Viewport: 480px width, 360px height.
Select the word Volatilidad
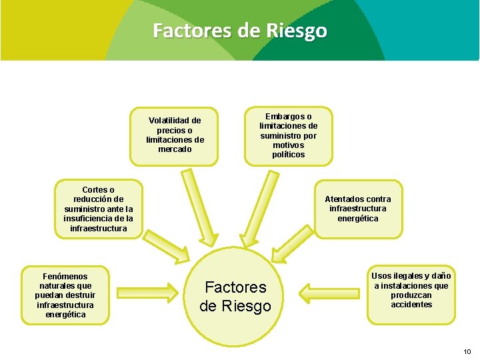click(x=175, y=121)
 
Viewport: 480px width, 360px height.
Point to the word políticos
click(x=289, y=155)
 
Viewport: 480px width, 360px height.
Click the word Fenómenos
click(x=65, y=276)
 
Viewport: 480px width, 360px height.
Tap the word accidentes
click(x=411, y=305)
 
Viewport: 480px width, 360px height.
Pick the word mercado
click(x=175, y=149)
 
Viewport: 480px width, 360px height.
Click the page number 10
click(x=467, y=351)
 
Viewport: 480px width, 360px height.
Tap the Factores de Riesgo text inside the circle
click(x=235, y=297)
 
